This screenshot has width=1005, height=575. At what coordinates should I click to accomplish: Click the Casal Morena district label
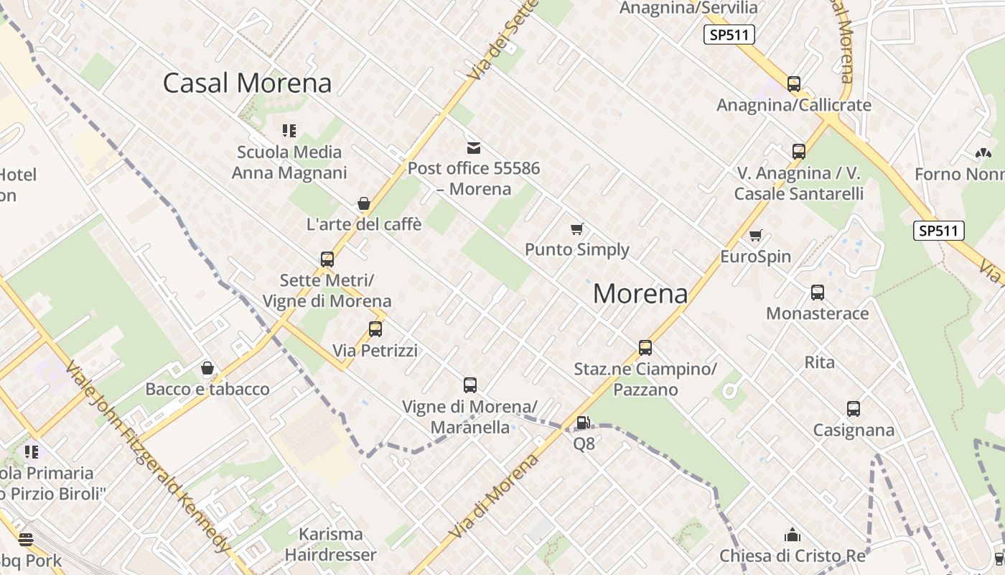(247, 83)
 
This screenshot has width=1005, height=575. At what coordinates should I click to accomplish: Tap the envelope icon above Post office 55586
(474, 148)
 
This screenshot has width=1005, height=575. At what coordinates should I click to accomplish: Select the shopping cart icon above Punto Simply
(576, 229)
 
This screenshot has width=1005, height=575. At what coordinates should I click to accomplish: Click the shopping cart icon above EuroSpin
(755, 236)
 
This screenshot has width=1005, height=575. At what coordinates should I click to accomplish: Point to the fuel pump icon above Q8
(584, 423)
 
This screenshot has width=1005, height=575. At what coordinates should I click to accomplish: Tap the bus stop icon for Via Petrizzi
(375, 330)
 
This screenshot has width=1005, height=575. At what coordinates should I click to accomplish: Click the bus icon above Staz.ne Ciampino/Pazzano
(645, 348)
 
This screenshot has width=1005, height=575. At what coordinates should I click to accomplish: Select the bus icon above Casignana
(853, 409)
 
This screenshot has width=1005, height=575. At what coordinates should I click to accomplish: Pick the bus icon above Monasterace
(817, 293)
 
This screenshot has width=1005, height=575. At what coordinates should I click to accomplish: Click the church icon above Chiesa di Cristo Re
(793, 535)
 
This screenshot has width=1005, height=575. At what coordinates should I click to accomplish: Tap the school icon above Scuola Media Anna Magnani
(289, 131)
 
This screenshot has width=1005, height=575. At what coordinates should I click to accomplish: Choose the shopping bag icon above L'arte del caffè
(364, 203)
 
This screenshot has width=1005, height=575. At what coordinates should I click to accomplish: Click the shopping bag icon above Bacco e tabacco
(207, 369)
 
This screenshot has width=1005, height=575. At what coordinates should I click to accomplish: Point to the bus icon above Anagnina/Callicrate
(793, 84)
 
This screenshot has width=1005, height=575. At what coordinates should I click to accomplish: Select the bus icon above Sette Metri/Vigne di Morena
(327, 259)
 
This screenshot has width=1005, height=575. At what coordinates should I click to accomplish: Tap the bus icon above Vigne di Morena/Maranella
(470, 385)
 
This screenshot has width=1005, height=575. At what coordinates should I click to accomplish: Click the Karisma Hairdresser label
(330, 545)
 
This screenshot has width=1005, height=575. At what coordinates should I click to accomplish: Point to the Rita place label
(819, 362)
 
